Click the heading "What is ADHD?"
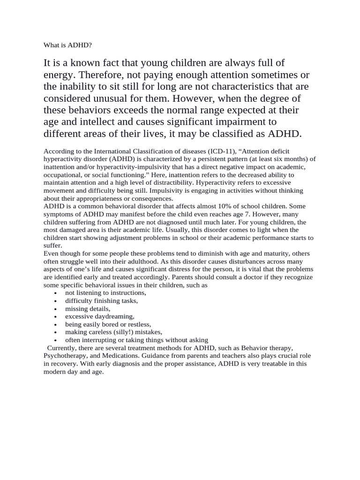click(67, 45)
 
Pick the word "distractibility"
click(171, 182)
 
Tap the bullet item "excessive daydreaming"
click(99, 316)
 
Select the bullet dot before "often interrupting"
click(56, 341)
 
